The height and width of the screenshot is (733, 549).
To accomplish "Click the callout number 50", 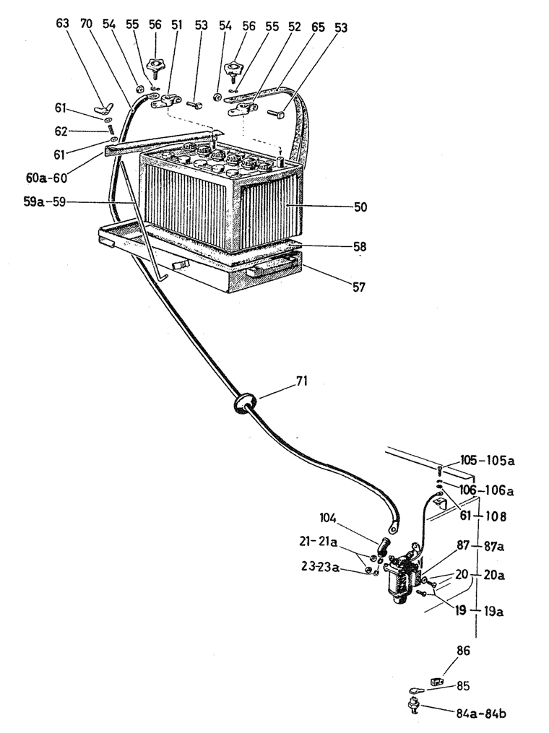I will point(360,207).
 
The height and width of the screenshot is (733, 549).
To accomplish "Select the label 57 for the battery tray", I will point(359,287).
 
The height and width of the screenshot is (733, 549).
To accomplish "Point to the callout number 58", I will point(359,247).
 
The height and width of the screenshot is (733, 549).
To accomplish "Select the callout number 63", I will point(63,24).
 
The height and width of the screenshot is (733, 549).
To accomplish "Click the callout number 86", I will point(463,651).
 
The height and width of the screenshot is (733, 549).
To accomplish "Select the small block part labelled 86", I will point(436,680).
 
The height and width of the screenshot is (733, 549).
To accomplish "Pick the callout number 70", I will point(86,24).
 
